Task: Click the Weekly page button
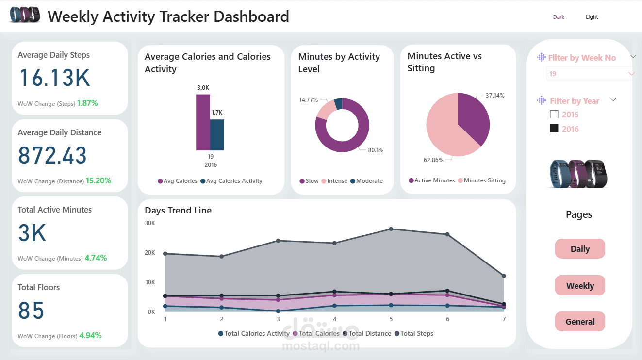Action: click(x=580, y=286)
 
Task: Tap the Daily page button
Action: click(x=580, y=249)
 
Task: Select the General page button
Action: click(x=580, y=322)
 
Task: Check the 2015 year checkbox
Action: click(x=554, y=115)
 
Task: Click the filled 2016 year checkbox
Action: click(x=554, y=129)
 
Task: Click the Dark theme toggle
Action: click(x=559, y=17)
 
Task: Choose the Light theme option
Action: click(x=592, y=17)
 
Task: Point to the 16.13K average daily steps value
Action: click(x=55, y=78)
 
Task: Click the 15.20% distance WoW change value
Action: click(x=99, y=180)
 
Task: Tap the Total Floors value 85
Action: click(x=32, y=311)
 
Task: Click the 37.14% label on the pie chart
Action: click(x=495, y=96)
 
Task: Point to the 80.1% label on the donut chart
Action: click(x=375, y=150)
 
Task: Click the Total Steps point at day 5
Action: click(x=391, y=229)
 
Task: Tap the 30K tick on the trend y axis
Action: click(x=150, y=223)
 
